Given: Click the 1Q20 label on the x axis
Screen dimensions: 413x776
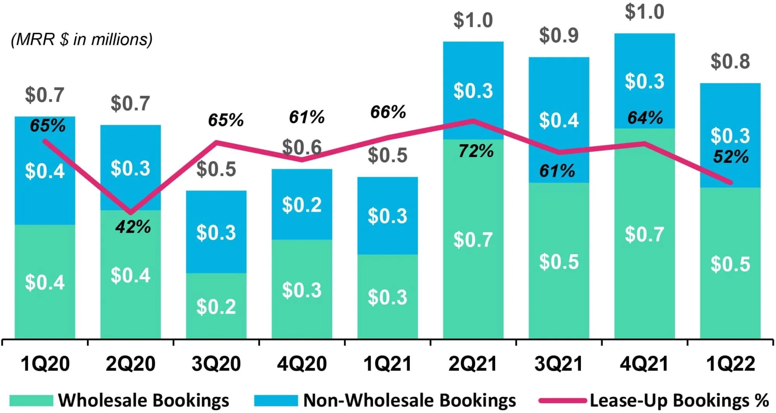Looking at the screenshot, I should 45,364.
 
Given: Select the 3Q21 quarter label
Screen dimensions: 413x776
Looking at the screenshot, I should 559,364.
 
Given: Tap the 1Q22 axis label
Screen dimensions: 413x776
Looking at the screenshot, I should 730,364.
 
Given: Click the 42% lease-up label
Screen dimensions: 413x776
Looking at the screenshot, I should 133,227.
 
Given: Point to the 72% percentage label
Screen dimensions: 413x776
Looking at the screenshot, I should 476,151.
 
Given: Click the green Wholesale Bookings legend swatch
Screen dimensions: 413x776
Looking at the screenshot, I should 31,401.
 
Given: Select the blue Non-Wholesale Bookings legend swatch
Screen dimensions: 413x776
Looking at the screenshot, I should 276,401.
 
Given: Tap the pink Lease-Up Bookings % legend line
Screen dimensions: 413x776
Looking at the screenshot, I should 563,401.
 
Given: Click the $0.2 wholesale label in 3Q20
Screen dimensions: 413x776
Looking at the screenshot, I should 216,307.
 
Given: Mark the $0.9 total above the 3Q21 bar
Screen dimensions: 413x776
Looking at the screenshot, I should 559,36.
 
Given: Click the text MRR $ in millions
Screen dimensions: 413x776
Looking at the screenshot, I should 82,40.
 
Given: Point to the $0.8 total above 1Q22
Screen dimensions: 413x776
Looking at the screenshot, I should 730,62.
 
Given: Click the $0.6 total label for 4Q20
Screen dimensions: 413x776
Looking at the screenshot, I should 302,147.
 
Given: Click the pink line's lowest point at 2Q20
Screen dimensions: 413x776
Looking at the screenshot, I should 131,213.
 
